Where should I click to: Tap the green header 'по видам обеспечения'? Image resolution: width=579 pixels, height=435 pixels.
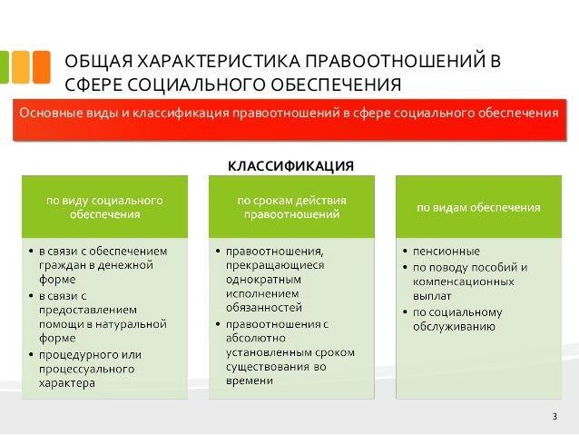pyautogui.click(x=478, y=207)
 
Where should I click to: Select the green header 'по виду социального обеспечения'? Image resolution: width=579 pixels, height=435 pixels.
pyautogui.click(x=105, y=207)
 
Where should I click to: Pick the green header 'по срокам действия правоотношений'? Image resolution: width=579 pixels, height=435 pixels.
pyautogui.click(x=291, y=207)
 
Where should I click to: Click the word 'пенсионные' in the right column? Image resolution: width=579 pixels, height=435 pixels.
pyautogui.click(x=447, y=251)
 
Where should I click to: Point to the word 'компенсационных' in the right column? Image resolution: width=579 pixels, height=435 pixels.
pyautogui.click(x=458, y=282)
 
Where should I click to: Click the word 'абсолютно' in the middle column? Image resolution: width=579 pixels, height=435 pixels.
pyautogui.click(x=254, y=338)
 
